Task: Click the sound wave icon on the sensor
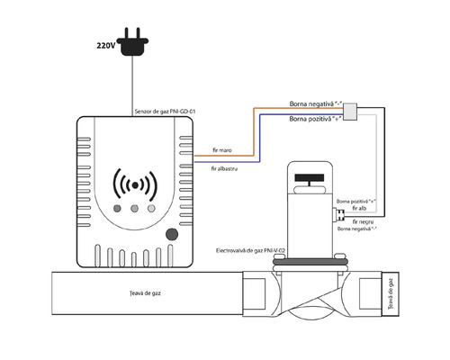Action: click(x=135, y=184)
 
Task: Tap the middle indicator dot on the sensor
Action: click(x=135, y=211)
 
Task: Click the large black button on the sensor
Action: click(x=171, y=236)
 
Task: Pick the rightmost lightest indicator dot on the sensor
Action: click(x=150, y=211)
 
